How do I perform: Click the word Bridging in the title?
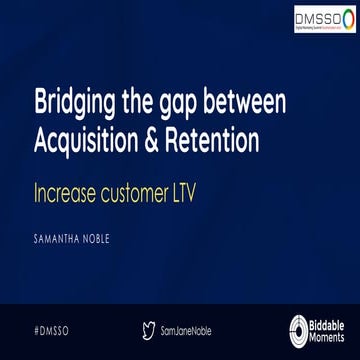coord(71,104)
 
